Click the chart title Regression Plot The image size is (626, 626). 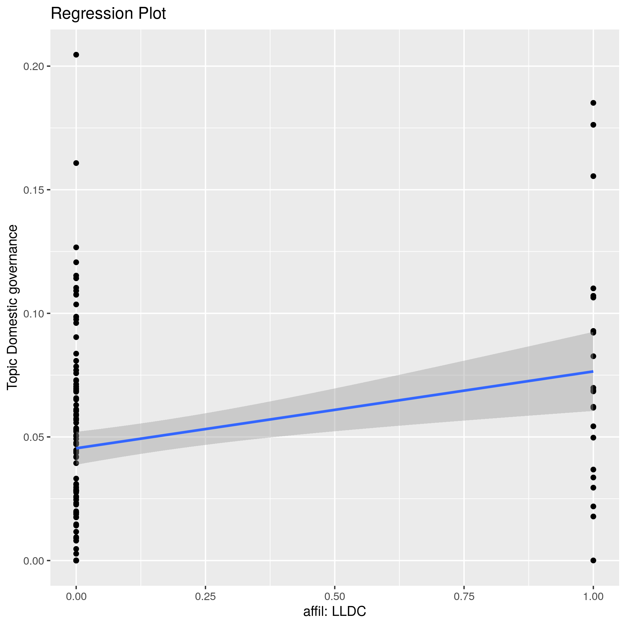[x=108, y=14]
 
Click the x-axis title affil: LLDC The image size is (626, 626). [x=334, y=611]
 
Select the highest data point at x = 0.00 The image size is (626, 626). [x=76, y=55]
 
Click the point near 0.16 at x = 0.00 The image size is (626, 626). [x=76, y=163]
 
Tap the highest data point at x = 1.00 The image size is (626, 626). [x=593, y=103]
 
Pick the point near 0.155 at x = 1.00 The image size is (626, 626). [x=593, y=176]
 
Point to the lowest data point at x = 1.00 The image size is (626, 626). [x=593, y=560]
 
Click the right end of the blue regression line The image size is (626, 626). [x=593, y=371]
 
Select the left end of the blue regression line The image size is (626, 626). [x=77, y=448]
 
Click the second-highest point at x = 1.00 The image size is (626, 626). [x=593, y=125]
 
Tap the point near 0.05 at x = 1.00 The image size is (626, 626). [x=593, y=438]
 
